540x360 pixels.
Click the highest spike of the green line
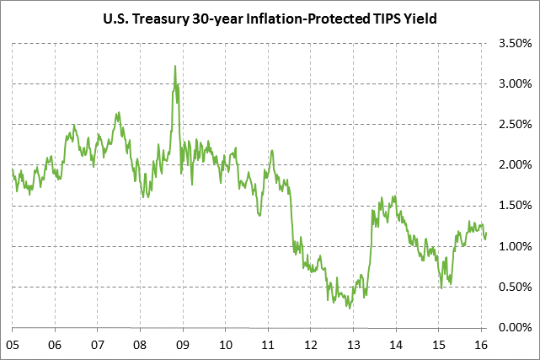174,66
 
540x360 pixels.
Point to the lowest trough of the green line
349,308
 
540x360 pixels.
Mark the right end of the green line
486,233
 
